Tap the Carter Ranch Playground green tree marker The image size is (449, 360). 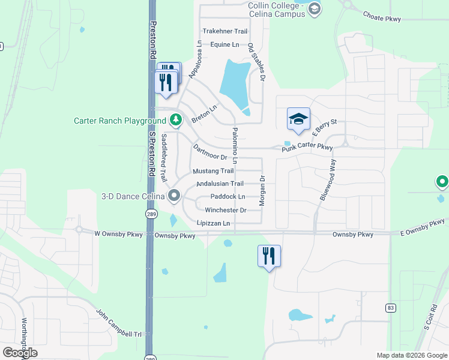(175, 121)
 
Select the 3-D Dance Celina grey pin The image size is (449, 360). (175, 195)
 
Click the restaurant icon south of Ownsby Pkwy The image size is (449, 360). (269, 256)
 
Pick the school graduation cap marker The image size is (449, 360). (298, 119)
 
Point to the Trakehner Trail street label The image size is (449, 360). (225, 31)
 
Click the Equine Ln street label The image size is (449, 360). (225, 44)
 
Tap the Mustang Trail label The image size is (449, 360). (213, 171)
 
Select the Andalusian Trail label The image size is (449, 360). (220, 184)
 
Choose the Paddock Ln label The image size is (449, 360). (228, 197)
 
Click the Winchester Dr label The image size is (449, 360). (226, 210)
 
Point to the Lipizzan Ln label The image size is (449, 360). (214, 223)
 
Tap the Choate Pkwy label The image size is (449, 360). (384, 19)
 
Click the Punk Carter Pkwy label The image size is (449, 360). (308, 147)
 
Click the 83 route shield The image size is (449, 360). (391, 308)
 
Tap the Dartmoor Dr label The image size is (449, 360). (209, 152)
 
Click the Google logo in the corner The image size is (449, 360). (20, 353)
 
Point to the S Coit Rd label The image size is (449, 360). (427, 319)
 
